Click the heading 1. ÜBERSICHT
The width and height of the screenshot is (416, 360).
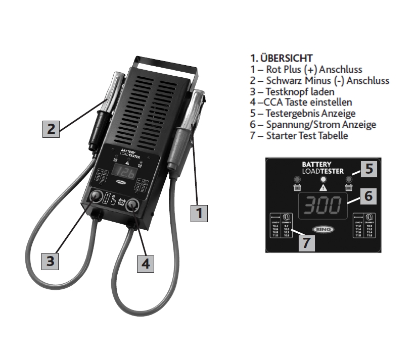click(x=282, y=58)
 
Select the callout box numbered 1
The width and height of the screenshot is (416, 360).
click(x=199, y=213)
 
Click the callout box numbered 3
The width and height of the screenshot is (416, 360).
click(x=50, y=261)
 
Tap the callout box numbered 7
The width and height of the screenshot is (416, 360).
click(x=307, y=242)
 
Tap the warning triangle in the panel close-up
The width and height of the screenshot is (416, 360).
click(x=322, y=187)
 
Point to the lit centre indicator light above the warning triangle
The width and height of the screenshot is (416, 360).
click(x=322, y=178)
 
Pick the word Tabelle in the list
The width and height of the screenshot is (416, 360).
click(x=331, y=135)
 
